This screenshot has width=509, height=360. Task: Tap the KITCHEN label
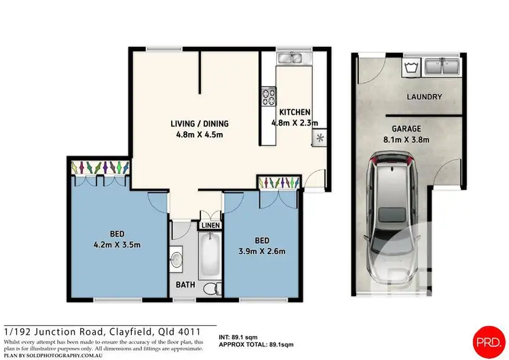click(x=295, y=112)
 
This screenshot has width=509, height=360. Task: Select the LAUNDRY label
click(x=424, y=97)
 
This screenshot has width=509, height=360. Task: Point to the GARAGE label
click(x=407, y=128)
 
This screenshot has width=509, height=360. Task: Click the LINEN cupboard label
click(x=210, y=226)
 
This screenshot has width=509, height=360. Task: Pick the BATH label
click(x=185, y=286)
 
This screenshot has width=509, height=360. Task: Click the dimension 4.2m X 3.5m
click(x=118, y=245)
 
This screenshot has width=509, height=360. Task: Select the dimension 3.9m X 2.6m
click(x=262, y=251)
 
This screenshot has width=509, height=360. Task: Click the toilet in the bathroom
click(x=211, y=287)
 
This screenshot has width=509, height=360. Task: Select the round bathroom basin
click(x=176, y=258)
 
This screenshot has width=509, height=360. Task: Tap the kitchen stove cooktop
click(x=268, y=97)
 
